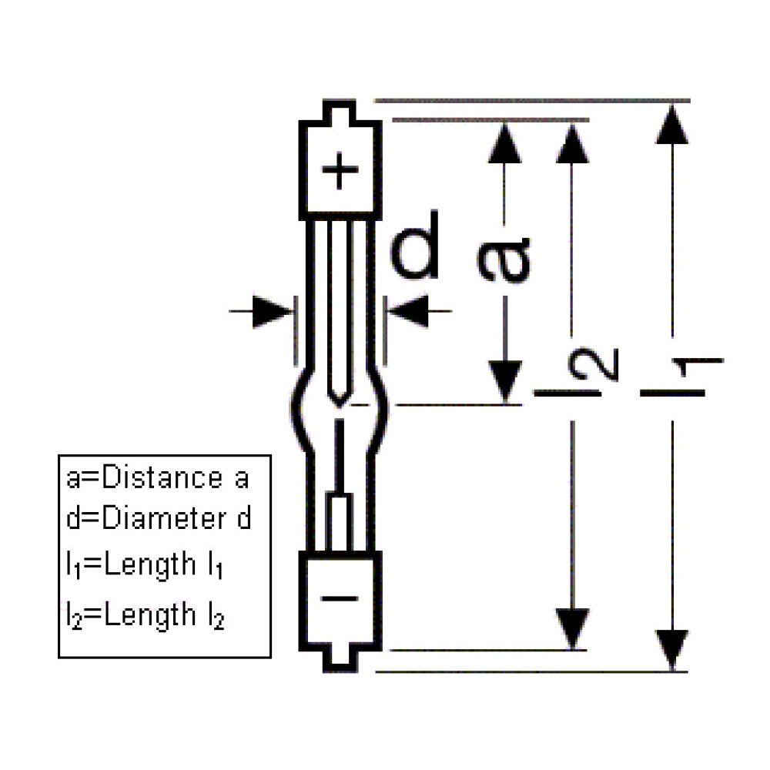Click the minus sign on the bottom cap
coord(340,598)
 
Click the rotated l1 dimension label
coord(682,377)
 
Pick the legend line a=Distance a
coord(158,478)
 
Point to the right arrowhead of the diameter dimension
coord(407,311)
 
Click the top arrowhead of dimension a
coord(504,142)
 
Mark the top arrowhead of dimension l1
coord(672,124)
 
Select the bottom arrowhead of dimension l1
coord(672,649)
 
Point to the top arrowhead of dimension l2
coord(571,142)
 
